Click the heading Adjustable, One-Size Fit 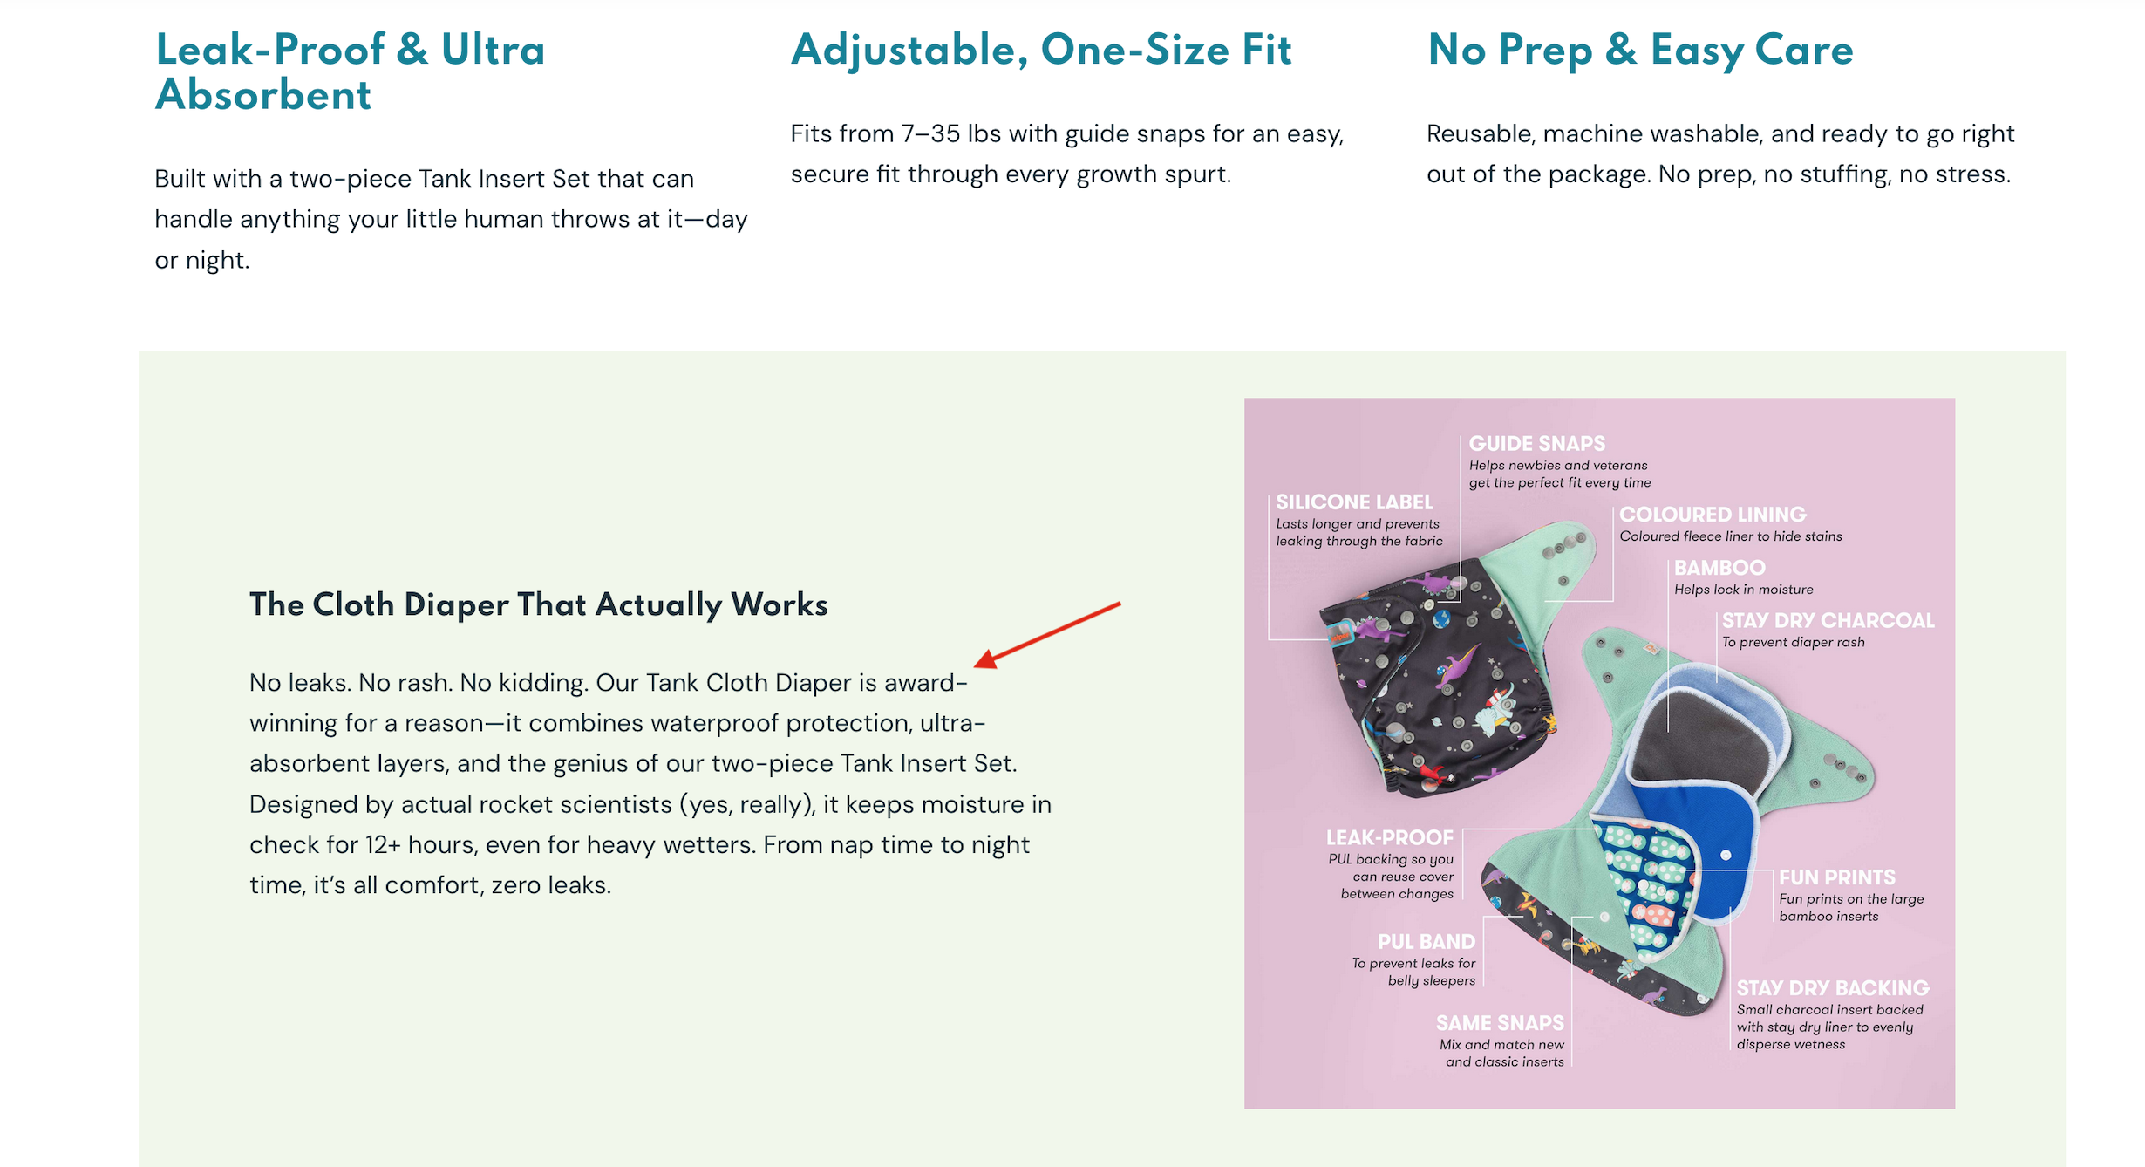pos(1041,50)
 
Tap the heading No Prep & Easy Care pos(1640,50)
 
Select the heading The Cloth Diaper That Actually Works pos(539,604)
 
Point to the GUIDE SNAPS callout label pos(1536,443)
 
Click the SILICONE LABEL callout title pos(1354,502)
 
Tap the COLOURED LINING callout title pos(1713,515)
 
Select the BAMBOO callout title pos(1719,568)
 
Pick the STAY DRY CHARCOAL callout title pos(1828,620)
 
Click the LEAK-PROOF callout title pos(1390,837)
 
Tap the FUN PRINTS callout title pos(1837,877)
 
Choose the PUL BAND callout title pos(1427,942)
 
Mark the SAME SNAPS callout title pos(1500,1023)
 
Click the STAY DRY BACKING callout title pos(1833,988)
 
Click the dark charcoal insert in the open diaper pos(1696,741)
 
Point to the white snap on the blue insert pos(1726,855)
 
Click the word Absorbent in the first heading pos(263,95)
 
